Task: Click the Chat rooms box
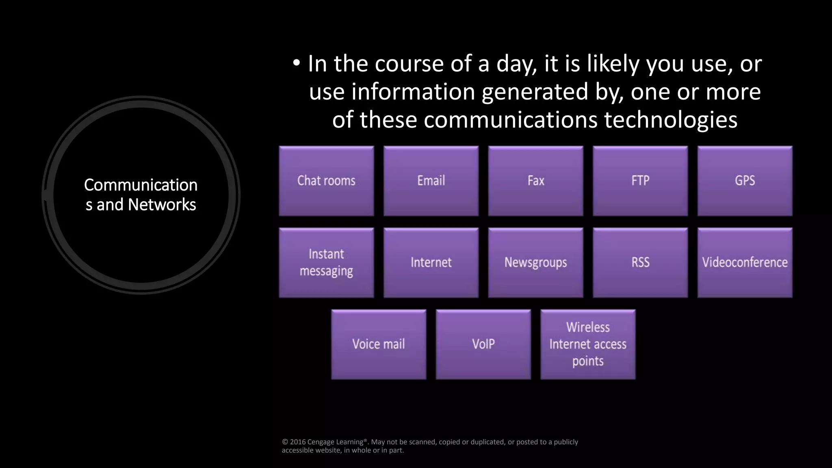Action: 326,181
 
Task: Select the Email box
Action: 431,181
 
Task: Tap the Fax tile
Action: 535,181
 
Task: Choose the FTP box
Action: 640,181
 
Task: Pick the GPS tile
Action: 745,181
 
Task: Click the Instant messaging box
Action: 326,262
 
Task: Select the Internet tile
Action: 431,262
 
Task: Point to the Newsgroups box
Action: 535,262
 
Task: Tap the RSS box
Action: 640,262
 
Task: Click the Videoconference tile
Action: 745,262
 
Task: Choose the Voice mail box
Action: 379,344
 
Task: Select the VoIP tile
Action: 483,344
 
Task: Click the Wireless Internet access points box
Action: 588,344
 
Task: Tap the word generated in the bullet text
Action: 535,92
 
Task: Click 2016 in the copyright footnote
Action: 298,442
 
